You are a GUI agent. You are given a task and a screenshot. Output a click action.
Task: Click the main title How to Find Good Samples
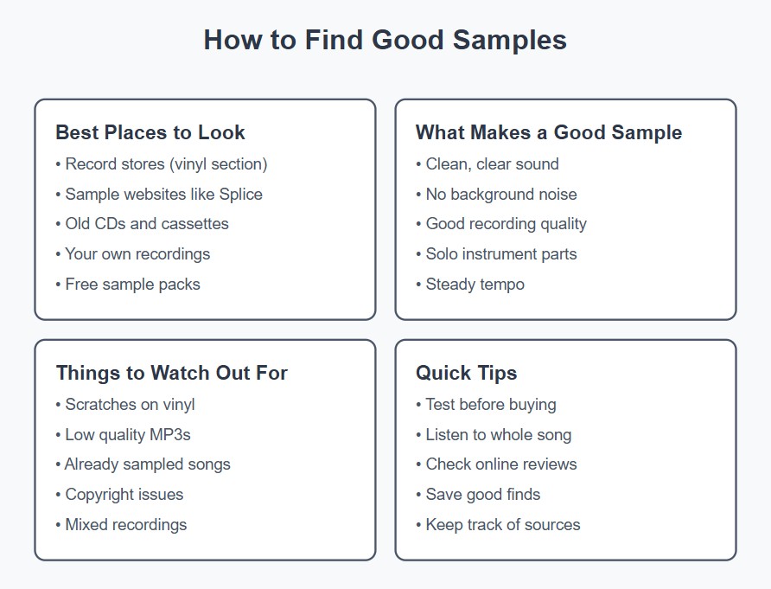385,41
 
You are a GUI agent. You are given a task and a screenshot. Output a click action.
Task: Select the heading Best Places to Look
150,132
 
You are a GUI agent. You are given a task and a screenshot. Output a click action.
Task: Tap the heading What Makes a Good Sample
548,132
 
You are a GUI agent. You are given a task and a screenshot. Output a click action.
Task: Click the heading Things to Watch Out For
171,373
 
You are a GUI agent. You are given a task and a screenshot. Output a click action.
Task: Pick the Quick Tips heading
466,373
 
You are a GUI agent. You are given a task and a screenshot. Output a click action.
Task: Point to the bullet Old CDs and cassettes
147,223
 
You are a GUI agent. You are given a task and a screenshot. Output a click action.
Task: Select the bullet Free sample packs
132,284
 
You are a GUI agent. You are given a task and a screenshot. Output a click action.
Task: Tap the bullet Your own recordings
137,253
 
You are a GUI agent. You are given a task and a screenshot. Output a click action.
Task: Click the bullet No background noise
501,194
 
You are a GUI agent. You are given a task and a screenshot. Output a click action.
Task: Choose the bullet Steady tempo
475,284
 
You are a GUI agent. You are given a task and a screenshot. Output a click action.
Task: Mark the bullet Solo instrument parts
501,253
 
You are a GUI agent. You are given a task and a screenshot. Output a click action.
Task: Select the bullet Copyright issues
124,494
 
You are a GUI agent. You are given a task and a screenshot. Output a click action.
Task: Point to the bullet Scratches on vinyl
131,404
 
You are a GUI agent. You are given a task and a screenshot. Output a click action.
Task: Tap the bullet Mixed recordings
126,524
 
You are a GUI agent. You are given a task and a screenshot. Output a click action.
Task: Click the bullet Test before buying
491,404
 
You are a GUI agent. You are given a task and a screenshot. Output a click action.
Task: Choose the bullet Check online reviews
501,464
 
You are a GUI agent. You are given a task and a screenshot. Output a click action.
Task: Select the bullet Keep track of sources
503,524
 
